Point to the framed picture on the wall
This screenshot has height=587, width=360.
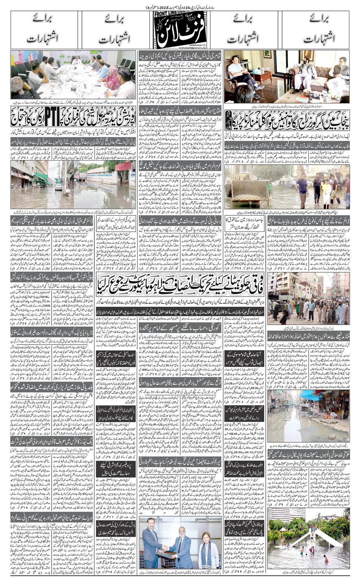point(267,54)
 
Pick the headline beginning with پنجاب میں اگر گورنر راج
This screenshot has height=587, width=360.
point(287,121)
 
